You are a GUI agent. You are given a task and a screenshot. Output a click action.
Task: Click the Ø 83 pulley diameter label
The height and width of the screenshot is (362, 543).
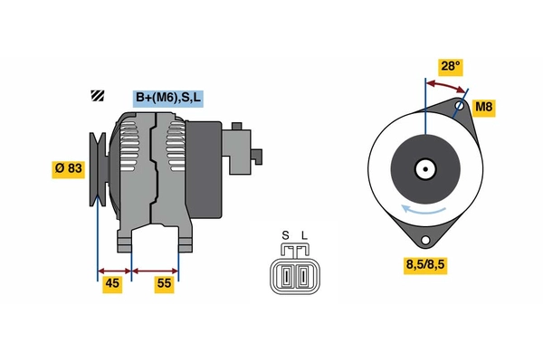tap(68, 168)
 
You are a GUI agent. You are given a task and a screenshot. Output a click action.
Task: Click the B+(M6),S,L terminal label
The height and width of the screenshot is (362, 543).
tap(167, 98)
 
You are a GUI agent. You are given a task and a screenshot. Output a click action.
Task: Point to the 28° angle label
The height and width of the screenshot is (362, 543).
tap(450, 66)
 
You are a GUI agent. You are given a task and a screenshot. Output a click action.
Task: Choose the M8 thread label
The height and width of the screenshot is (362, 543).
tap(484, 109)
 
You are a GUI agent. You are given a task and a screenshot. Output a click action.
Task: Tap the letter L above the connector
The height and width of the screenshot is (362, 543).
tap(304, 236)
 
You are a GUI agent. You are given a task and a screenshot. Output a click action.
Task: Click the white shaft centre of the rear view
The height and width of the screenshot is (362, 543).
tap(424, 168)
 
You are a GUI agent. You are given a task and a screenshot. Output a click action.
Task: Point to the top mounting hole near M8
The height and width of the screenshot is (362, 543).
tap(461, 107)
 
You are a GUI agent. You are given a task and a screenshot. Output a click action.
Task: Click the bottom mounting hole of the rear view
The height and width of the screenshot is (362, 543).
tap(424, 239)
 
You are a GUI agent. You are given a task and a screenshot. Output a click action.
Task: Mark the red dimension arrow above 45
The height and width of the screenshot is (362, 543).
tap(114, 270)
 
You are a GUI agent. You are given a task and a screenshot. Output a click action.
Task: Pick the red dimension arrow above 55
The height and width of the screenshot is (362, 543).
tap(156, 270)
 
